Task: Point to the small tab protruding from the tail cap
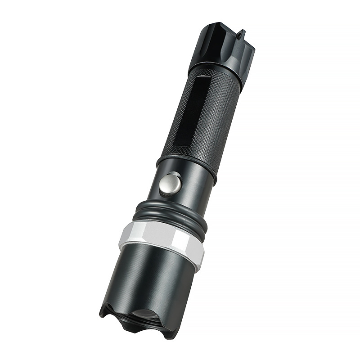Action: click(242, 34)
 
